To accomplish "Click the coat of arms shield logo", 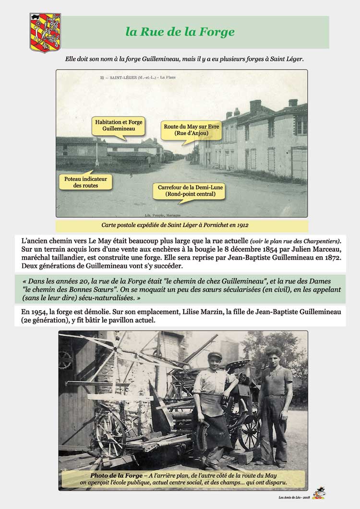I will (x=45, y=32).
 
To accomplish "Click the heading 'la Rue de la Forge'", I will (x=180, y=32).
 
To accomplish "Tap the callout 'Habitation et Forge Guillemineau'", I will (x=112, y=126).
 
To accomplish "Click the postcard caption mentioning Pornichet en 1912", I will (x=181, y=225).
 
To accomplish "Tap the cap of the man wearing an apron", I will (x=215, y=355).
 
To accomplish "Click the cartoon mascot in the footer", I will (x=318, y=494).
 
